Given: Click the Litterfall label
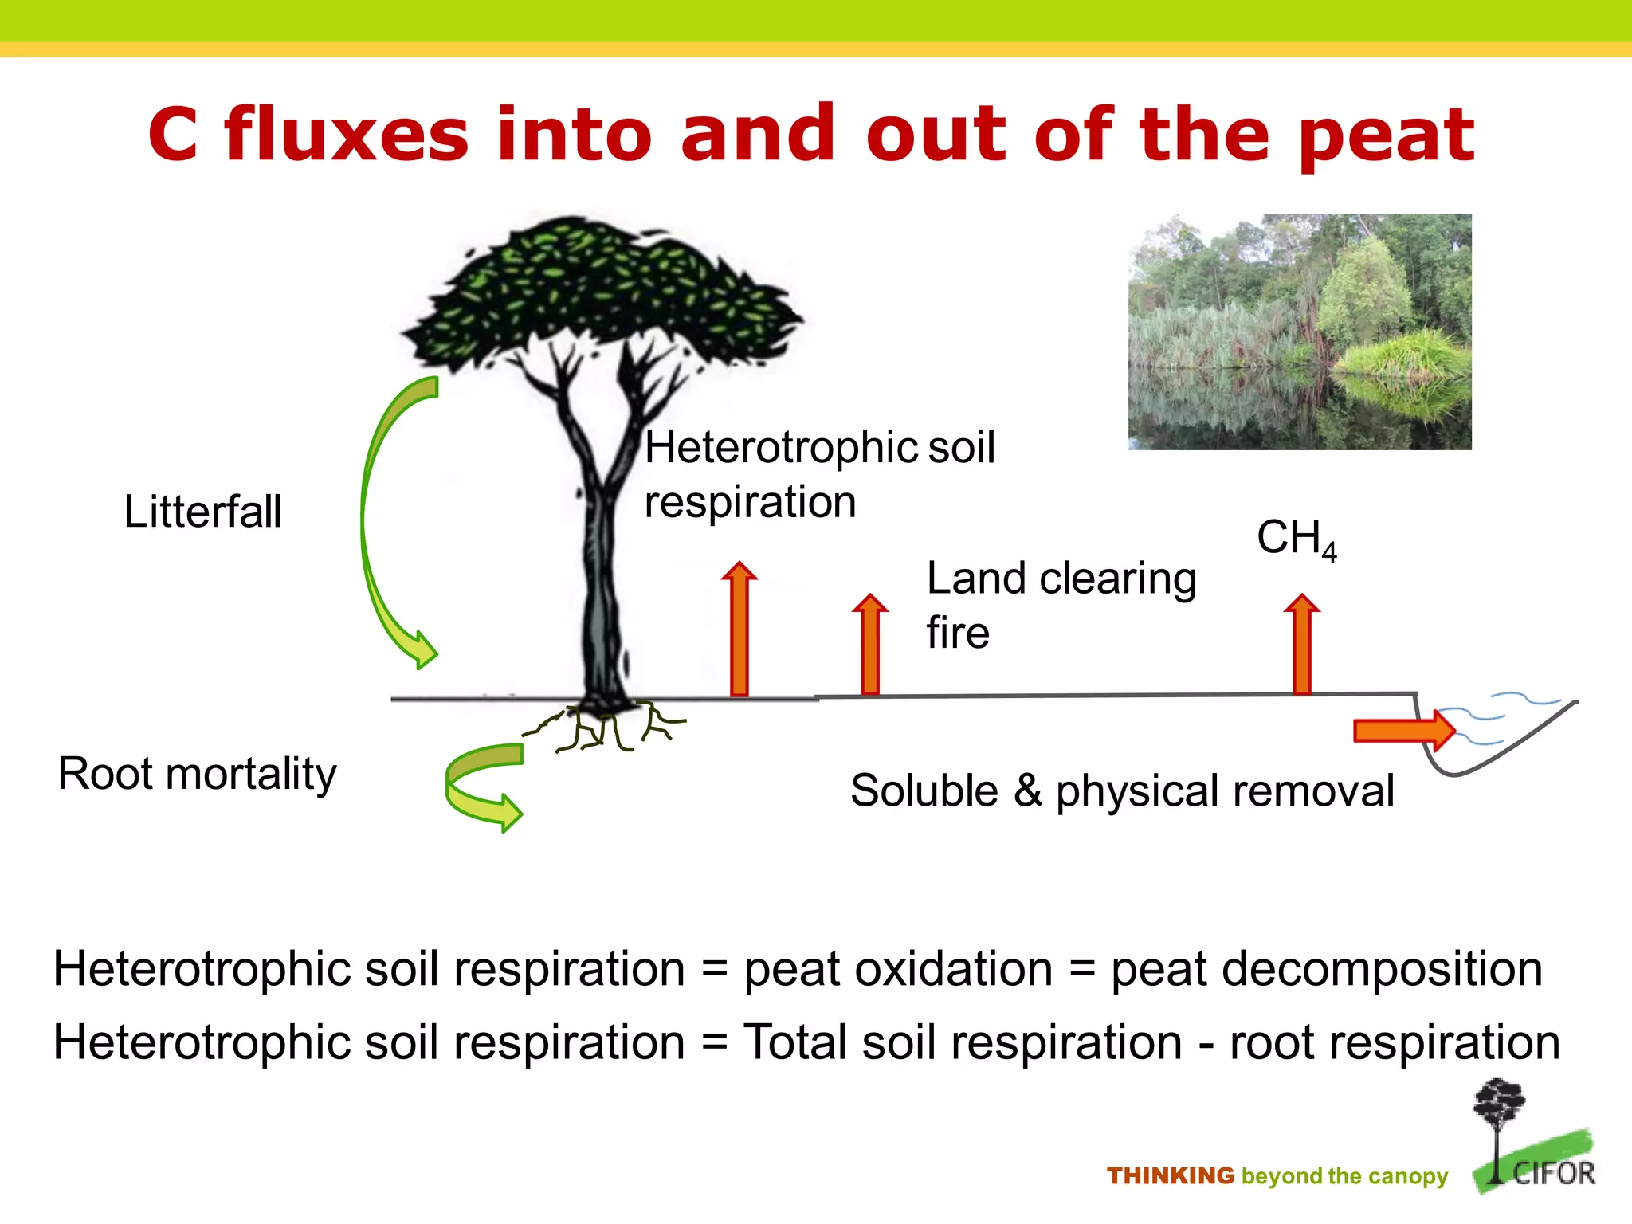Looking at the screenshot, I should point(202,512).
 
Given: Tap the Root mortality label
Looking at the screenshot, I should point(197,774).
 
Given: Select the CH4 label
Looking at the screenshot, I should point(1296,539).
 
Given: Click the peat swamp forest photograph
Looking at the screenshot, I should point(1299,331).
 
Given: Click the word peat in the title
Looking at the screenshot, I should point(1386,135).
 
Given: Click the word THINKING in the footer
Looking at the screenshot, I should point(1170,1176).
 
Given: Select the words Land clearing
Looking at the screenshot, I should point(1061,579).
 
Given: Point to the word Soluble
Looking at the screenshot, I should point(924,790).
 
